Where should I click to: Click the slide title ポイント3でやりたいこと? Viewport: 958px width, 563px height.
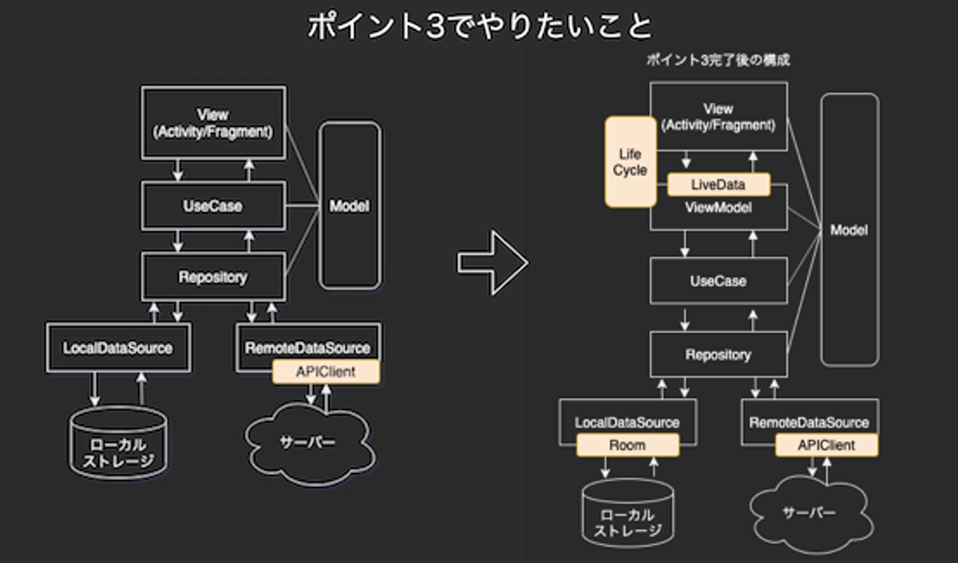pyautogui.click(x=479, y=27)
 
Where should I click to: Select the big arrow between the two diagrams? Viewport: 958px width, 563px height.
pyautogui.click(x=492, y=263)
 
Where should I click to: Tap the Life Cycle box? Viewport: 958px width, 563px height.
pyautogui.click(x=630, y=162)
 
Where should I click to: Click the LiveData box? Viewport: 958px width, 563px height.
pyautogui.click(x=718, y=185)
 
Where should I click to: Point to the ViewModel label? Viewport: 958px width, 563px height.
pyautogui.click(x=718, y=208)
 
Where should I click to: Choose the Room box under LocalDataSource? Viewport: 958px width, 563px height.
pyautogui.click(x=627, y=445)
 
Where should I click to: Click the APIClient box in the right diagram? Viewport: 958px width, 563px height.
pyautogui.click(x=826, y=445)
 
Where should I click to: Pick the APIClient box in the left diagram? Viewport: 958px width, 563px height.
pyautogui.click(x=326, y=372)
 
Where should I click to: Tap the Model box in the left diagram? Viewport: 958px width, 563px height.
pyautogui.click(x=350, y=205)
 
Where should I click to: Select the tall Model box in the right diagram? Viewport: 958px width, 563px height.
pyautogui.click(x=849, y=230)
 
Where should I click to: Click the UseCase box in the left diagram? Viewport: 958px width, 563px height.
pyautogui.click(x=213, y=206)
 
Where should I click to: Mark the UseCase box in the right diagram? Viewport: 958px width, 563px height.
pyautogui.click(x=718, y=281)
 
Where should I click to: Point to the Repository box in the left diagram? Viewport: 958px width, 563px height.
pyautogui.click(x=213, y=277)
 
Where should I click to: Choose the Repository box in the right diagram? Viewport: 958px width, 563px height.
pyautogui.click(x=718, y=355)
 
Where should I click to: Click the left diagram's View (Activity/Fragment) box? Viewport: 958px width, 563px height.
pyautogui.click(x=213, y=123)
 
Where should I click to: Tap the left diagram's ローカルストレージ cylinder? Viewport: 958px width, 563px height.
pyautogui.click(x=118, y=444)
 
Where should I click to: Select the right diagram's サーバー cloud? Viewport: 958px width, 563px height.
pyautogui.click(x=809, y=513)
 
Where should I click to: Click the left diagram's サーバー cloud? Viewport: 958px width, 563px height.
pyautogui.click(x=308, y=443)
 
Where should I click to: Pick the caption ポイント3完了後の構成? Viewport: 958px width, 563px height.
pyautogui.click(x=718, y=60)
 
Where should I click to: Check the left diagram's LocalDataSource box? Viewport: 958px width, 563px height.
pyautogui.click(x=118, y=348)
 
